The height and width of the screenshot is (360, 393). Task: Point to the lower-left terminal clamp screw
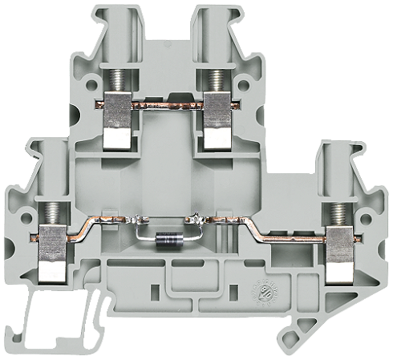coord(53,215)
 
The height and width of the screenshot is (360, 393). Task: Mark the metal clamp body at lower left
coord(53,255)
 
